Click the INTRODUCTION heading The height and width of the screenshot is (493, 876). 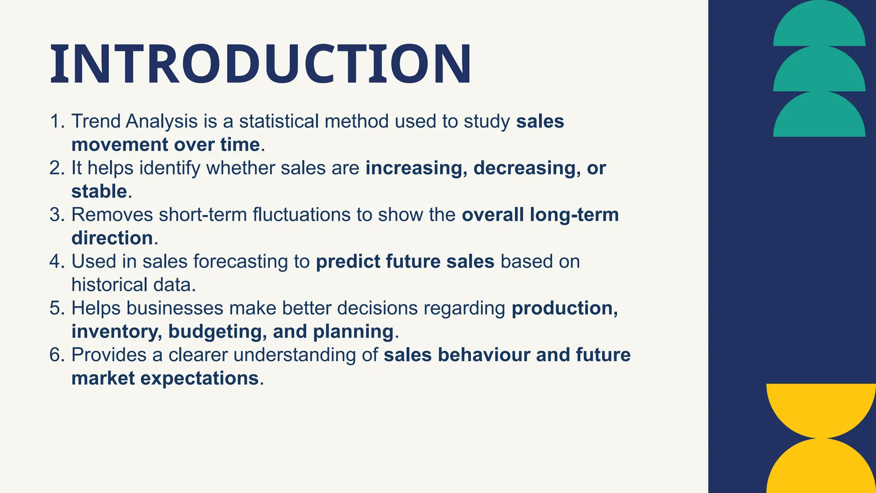coord(261,64)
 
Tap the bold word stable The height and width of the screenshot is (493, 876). coord(99,192)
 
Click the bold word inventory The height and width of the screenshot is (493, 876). coord(117,332)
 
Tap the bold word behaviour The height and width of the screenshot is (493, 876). coord(484,355)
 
